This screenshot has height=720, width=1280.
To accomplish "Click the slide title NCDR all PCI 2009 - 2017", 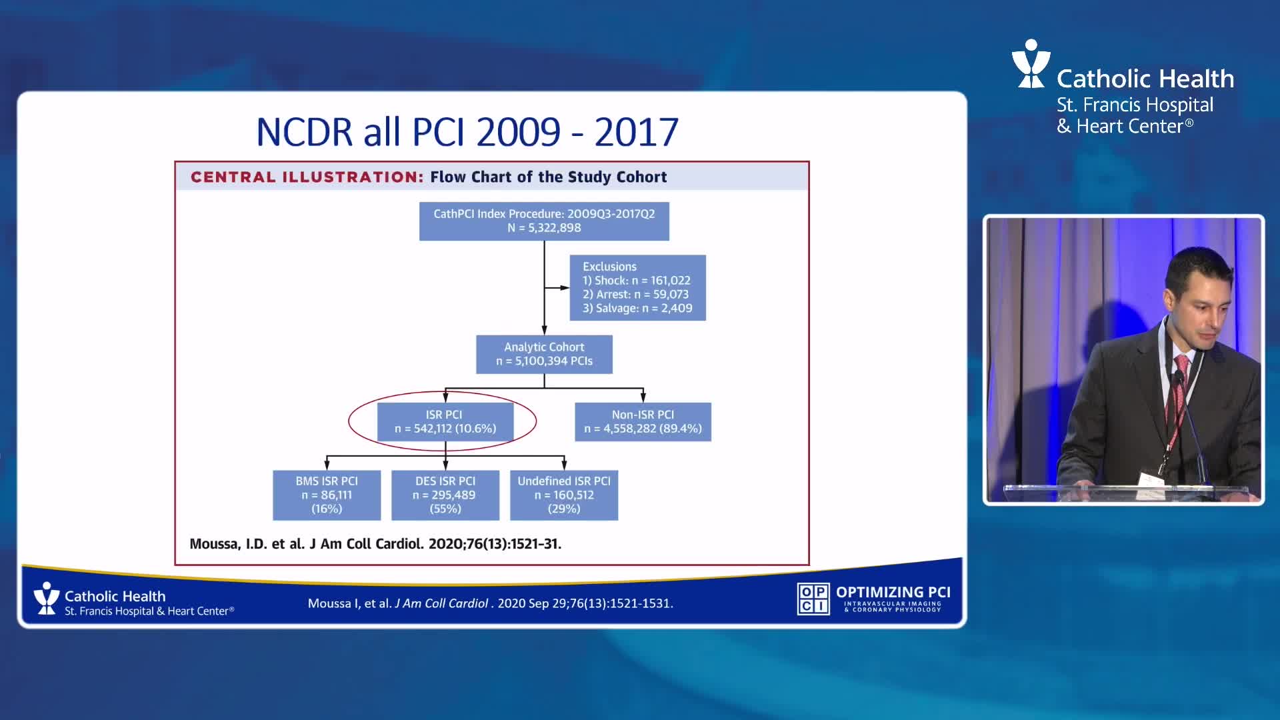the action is click(x=467, y=131).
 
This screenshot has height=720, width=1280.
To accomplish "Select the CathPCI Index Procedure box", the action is click(x=544, y=221).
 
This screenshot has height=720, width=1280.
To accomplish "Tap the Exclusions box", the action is click(x=637, y=287).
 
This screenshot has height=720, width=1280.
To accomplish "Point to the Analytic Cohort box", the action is click(x=544, y=354).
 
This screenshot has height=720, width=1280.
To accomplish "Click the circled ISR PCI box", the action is click(x=445, y=421).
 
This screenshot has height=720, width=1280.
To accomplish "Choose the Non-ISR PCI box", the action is click(x=643, y=421).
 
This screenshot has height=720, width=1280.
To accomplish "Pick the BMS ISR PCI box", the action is click(x=327, y=495).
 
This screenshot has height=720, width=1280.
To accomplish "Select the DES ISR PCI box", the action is click(x=445, y=495).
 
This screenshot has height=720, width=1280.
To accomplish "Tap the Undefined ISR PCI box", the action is click(x=564, y=495).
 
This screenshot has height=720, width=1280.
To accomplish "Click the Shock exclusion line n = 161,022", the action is click(x=637, y=281).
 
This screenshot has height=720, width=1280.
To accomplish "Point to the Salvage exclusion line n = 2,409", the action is click(x=637, y=308).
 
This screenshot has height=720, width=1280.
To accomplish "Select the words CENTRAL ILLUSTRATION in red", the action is click(x=307, y=177).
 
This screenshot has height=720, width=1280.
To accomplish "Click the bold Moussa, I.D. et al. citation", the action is click(x=375, y=544).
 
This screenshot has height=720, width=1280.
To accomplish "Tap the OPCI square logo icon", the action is click(x=813, y=598).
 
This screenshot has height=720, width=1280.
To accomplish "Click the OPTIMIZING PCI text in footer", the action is click(x=893, y=592).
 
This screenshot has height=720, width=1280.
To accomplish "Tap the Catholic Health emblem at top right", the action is click(x=1031, y=64).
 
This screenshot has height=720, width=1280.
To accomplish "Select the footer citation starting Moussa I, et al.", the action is click(x=490, y=603).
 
